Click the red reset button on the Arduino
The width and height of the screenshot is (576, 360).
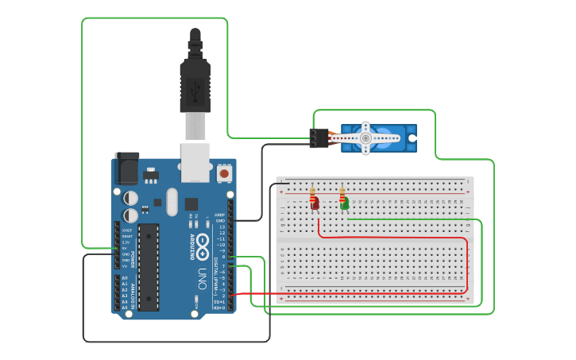click(x=224, y=172)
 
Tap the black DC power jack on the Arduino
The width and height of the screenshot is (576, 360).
click(x=126, y=168)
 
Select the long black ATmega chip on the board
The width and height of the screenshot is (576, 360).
click(x=148, y=266)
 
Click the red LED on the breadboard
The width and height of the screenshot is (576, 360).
click(x=315, y=205)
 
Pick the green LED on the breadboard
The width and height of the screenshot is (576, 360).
click(x=344, y=204)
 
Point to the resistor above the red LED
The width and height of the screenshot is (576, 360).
click(x=313, y=193)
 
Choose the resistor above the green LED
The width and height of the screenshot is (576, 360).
click(x=342, y=193)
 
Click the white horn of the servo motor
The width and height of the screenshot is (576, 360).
click(x=365, y=138)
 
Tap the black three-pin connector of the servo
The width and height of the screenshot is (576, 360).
click(x=319, y=138)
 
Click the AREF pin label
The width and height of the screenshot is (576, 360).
click(x=220, y=215)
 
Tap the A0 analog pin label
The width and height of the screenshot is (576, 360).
click(x=123, y=277)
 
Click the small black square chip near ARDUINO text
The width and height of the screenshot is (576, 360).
click(x=191, y=203)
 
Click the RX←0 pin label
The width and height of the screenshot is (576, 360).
click(x=219, y=308)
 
